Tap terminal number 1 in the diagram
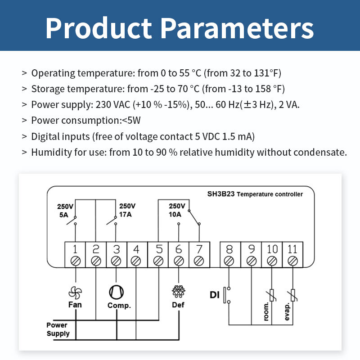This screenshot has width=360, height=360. coord(76,248)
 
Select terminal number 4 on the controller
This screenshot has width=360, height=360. coord(137,248)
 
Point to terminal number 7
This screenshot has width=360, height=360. coord(198,248)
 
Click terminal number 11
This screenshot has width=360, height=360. coord(293,248)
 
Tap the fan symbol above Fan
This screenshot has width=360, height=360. coord(76,292)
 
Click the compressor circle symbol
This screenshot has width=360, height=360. coord(116,292)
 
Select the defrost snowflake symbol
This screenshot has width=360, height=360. coord(179,292)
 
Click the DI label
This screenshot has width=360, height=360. coord(215,295)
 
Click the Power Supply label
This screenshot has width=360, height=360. coord(58,329)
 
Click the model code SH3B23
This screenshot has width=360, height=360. coord(220,194)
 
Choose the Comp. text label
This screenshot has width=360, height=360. coord(119,306)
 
